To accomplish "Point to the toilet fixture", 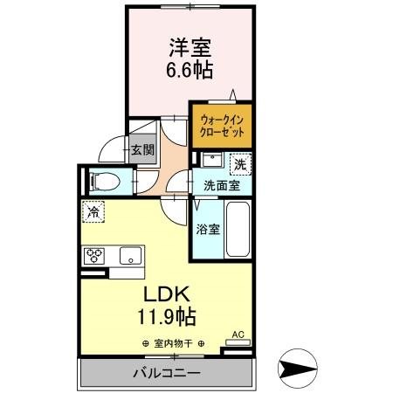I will (104, 182).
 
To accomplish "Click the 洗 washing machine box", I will (238, 162).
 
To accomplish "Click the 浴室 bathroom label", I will (207, 231).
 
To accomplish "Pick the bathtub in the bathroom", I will (238, 229).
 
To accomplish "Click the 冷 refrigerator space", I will (92, 210).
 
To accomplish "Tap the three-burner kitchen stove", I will (94, 255).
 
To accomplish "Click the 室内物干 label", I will (171, 343).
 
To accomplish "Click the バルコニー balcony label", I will (167, 373).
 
